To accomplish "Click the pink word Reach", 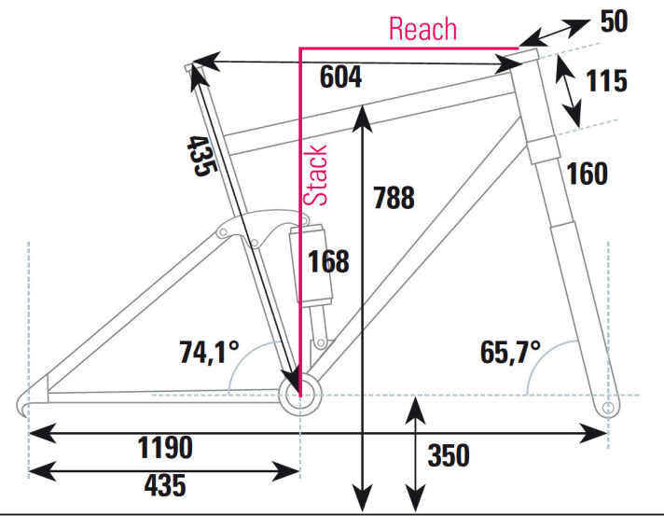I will tap(422, 29).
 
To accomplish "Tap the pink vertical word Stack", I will tap(318, 175).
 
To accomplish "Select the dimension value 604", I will tap(341, 78).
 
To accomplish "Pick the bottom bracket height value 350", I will tap(448, 455).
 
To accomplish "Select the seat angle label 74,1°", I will tap(209, 353).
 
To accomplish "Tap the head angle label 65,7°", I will tap(512, 353).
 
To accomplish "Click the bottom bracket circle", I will tap(298, 395).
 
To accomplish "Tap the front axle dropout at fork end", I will tap(608, 408).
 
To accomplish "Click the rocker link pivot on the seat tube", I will tap(256, 242).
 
